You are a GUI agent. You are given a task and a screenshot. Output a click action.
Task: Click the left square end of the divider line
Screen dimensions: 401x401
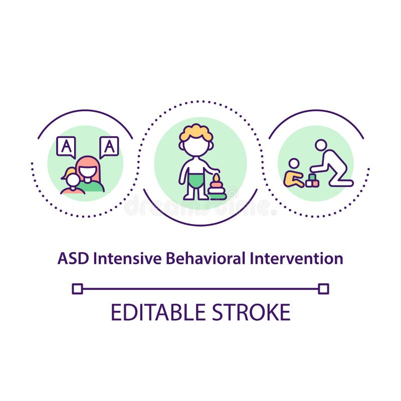tap(77, 289)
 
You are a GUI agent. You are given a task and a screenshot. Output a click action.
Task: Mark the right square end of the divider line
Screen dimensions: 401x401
tap(323, 289)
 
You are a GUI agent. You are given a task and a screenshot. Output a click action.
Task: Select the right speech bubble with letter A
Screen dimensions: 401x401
tap(109, 146)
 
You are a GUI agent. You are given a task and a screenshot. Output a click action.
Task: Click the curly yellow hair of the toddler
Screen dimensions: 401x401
tap(196, 131)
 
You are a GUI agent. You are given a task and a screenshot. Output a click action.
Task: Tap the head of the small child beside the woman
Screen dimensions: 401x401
tap(73, 179)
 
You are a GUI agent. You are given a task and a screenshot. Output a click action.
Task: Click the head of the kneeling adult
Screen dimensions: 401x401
tap(321, 145)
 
